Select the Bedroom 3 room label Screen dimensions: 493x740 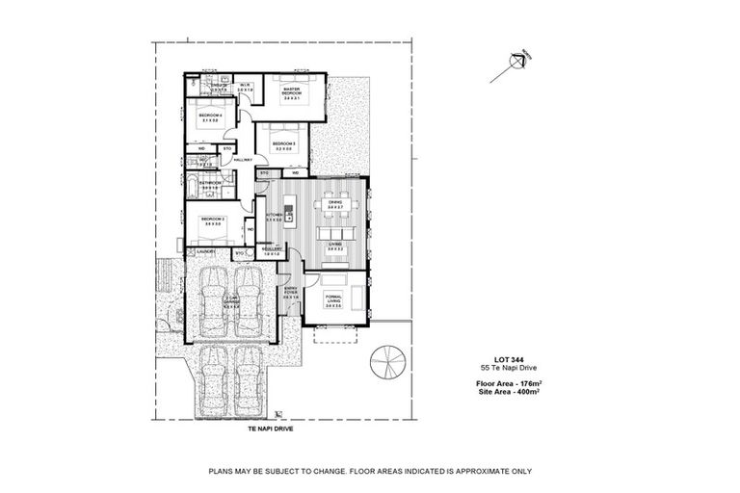(x=283, y=143)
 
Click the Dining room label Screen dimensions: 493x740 (x=335, y=202)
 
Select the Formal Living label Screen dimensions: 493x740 (x=334, y=299)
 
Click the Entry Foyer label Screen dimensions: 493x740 (x=291, y=291)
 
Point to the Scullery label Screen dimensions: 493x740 (x=273, y=248)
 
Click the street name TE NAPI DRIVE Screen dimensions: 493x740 (x=268, y=429)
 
